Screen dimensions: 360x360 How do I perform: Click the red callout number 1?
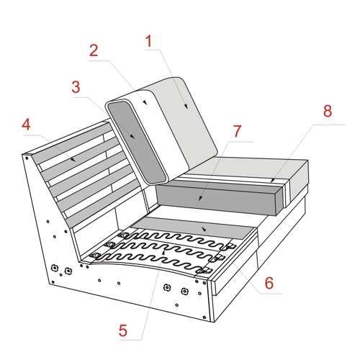(149, 41)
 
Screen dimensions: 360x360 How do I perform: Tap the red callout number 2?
(94, 50)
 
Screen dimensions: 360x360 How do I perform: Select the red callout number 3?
(76, 87)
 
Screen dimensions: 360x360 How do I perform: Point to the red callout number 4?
(27, 125)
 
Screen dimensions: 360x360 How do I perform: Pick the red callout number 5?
(123, 330)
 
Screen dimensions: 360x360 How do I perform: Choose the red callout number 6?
(269, 283)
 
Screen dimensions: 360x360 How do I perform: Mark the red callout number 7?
(237, 131)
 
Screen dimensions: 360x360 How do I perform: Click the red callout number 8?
(328, 111)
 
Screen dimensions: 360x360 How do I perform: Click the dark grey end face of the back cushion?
(137, 142)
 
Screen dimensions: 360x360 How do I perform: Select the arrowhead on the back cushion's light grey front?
(186, 106)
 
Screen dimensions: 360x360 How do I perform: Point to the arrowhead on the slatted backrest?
(73, 159)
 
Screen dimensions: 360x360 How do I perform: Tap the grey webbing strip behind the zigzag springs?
(194, 228)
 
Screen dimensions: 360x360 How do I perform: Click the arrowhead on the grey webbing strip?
(204, 229)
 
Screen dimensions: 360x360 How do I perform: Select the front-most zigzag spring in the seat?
(151, 262)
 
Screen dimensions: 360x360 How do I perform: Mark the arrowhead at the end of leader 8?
(272, 181)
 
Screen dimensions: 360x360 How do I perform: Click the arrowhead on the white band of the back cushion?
(145, 102)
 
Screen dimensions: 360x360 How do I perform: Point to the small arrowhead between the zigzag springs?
(163, 252)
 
